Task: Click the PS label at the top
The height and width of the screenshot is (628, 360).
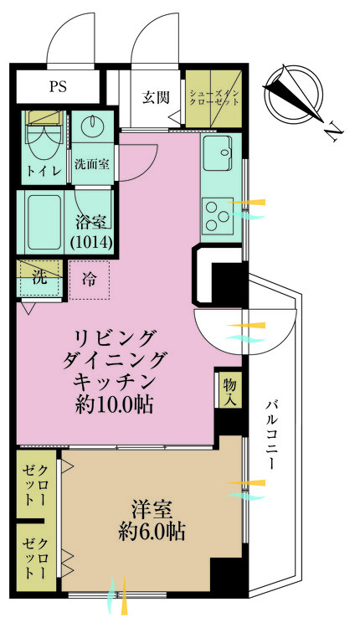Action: [x=59, y=87]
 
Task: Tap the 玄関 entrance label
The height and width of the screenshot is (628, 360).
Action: [x=156, y=97]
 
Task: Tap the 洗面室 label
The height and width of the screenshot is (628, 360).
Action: [x=90, y=164]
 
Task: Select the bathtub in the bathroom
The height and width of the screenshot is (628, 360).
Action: [x=44, y=219]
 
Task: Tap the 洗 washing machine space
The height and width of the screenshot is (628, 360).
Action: [x=39, y=275]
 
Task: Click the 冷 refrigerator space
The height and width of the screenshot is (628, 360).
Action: [x=89, y=280]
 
